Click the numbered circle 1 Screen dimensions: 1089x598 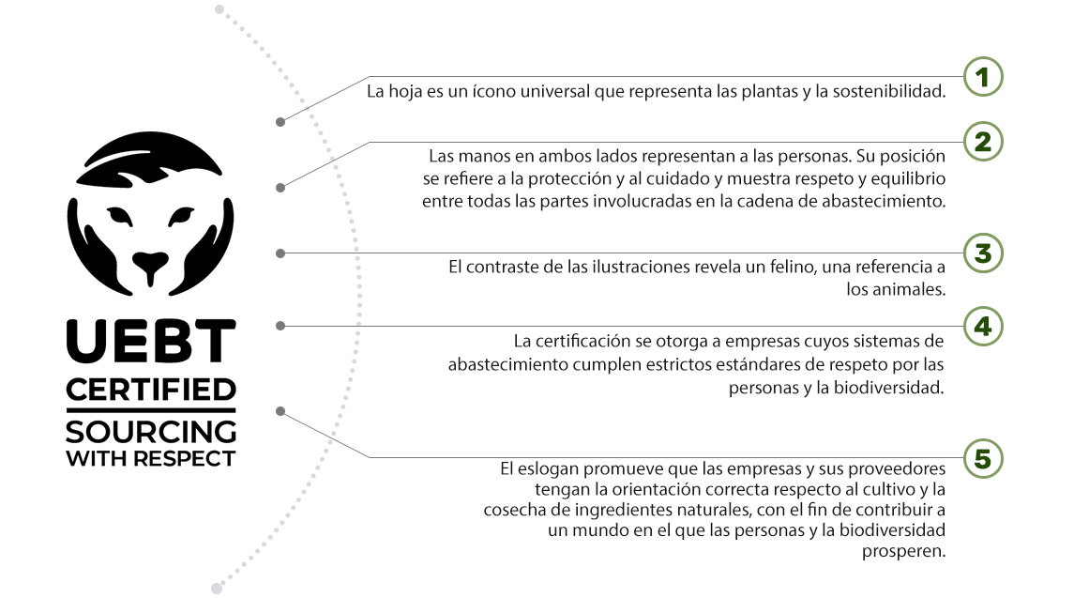pyautogui.click(x=983, y=76)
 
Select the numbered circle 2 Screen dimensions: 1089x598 pyautogui.click(x=983, y=142)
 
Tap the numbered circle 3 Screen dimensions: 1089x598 pyautogui.click(x=983, y=253)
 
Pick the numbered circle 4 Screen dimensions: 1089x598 pyautogui.click(x=983, y=326)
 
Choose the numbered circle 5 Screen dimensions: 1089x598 pyautogui.click(x=983, y=458)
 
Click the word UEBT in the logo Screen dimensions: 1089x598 pyautogui.click(x=151, y=341)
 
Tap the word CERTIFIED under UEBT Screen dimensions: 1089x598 pyautogui.click(x=151, y=391)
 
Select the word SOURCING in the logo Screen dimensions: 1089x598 pyautogui.click(x=151, y=432)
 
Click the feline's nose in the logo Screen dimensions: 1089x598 pyautogui.click(x=150, y=264)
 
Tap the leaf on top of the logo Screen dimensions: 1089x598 pyautogui.click(x=148, y=159)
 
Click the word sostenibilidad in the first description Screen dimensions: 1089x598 pyautogui.click(x=889, y=91)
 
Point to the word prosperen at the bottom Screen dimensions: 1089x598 pyautogui.click(x=903, y=552)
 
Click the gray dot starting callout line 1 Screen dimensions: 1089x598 pyautogui.click(x=280, y=122)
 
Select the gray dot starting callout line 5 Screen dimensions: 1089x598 pyautogui.click(x=280, y=411)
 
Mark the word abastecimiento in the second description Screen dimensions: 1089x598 pyautogui.click(x=884, y=202)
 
